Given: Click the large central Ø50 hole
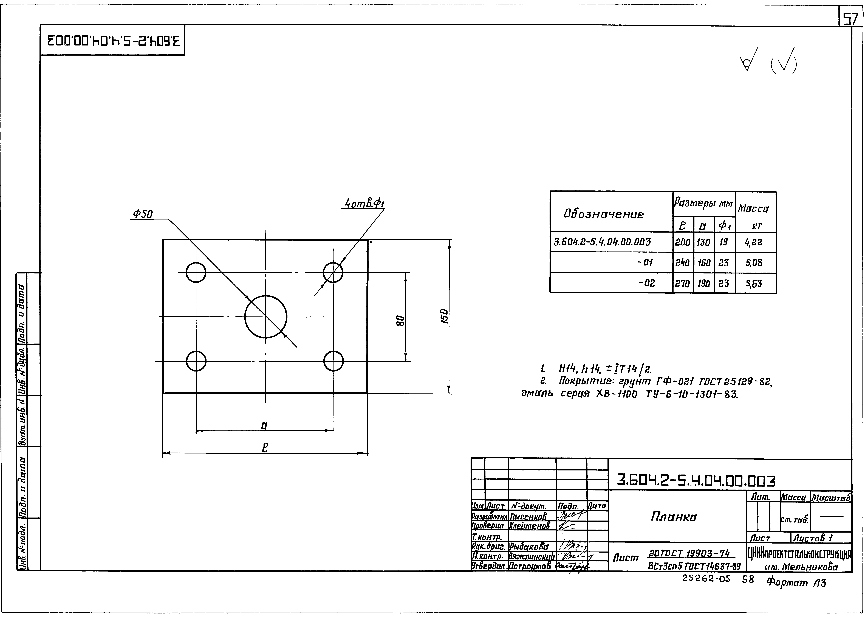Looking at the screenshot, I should pyautogui.click(x=266, y=316).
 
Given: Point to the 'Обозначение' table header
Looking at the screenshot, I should pyautogui.click(x=604, y=214).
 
